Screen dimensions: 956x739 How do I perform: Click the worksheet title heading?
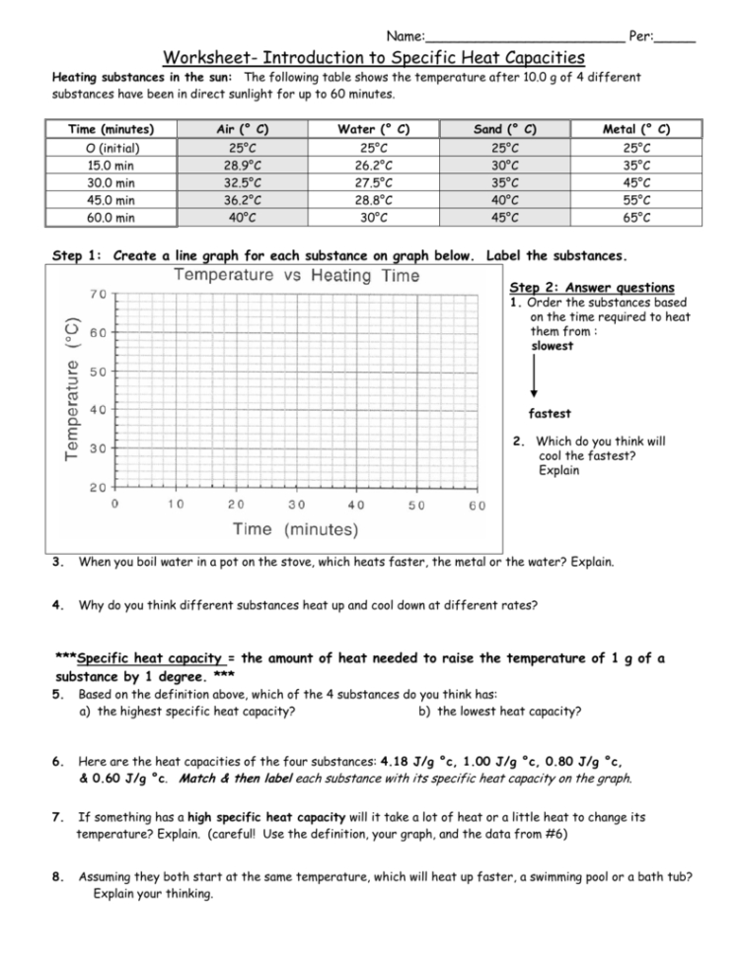click(x=374, y=58)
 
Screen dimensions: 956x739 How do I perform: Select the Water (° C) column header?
click(x=373, y=129)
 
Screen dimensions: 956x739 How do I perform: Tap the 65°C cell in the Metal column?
click(x=636, y=218)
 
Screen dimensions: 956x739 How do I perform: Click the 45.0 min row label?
click(x=111, y=200)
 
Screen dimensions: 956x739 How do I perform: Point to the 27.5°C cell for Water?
click(x=373, y=182)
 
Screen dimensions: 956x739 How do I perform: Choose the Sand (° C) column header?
click(x=505, y=129)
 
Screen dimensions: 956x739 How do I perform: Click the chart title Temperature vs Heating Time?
click(x=296, y=277)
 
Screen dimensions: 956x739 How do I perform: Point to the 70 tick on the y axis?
click(x=99, y=295)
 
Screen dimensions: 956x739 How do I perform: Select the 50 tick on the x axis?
click(x=416, y=506)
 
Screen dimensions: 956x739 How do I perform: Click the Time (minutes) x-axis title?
click(x=296, y=529)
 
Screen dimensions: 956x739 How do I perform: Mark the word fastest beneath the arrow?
click(x=551, y=414)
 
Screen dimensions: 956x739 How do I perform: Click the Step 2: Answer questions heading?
click(x=592, y=288)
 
